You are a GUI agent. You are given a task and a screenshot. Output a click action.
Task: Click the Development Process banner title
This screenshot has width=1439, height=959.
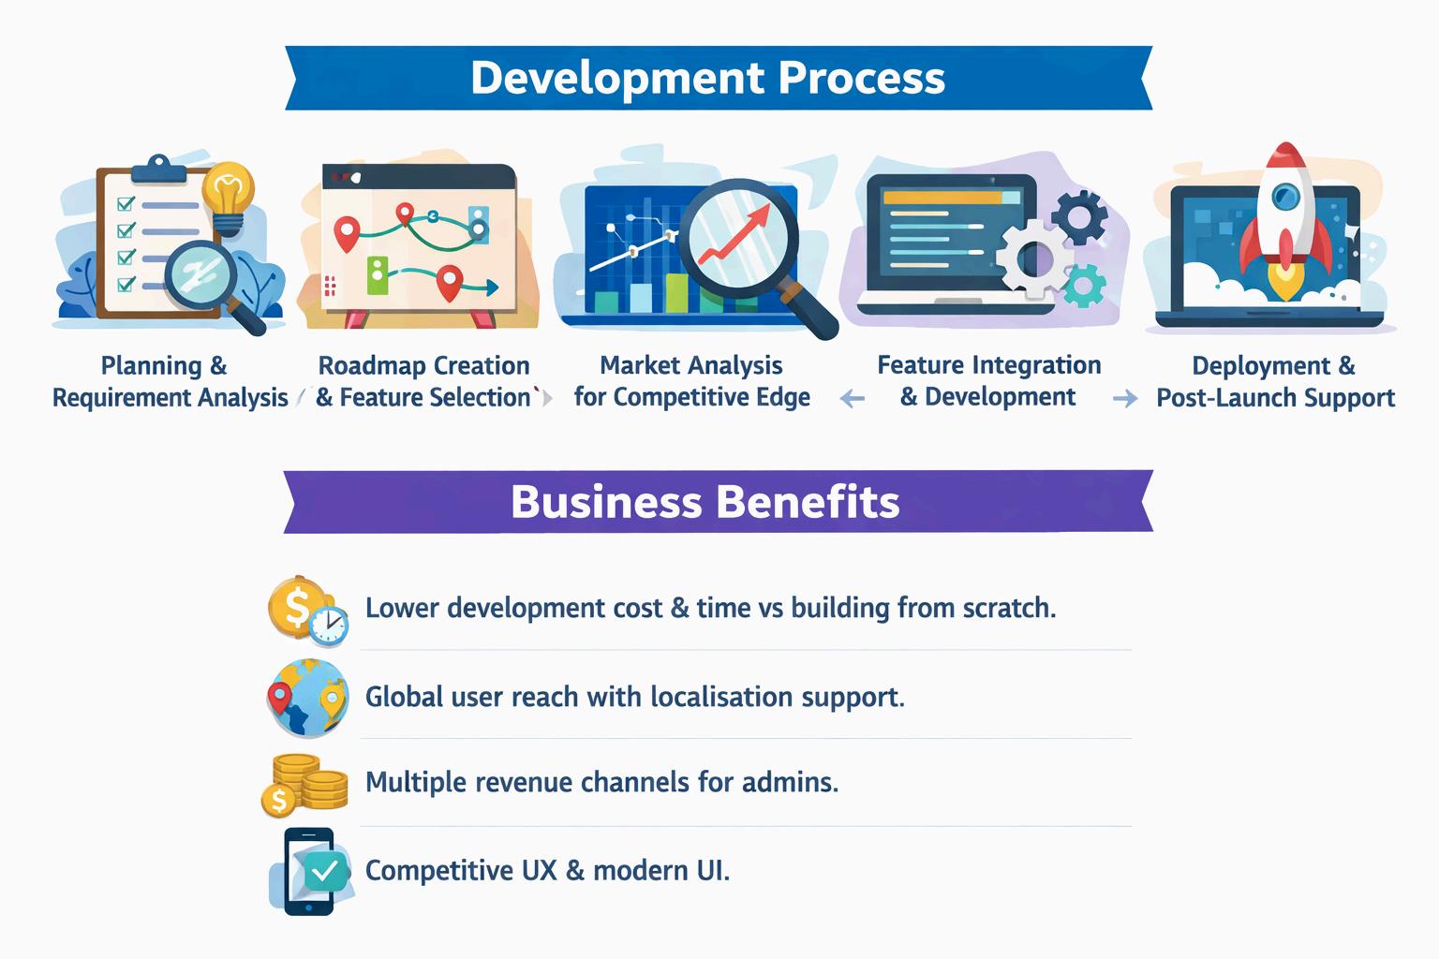(x=707, y=78)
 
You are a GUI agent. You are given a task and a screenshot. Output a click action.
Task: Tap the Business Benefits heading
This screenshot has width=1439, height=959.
(x=705, y=502)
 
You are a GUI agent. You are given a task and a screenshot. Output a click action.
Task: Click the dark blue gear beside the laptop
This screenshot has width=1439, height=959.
(x=1080, y=217)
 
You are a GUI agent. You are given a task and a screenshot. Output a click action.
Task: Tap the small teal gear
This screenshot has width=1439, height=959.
(x=1084, y=285)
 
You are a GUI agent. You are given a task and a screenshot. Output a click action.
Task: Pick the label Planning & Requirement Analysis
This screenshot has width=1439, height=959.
(x=169, y=381)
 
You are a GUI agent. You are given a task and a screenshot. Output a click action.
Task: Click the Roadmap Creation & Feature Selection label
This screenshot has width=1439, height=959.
(x=423, y=381)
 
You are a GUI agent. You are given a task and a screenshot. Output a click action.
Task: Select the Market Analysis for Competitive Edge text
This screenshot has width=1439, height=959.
(x=691, y=381)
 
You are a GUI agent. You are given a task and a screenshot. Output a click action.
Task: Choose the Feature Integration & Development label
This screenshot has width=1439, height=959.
(x=988, y=380)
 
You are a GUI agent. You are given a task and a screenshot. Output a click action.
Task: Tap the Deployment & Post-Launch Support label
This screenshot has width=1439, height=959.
(x=1275, y=381)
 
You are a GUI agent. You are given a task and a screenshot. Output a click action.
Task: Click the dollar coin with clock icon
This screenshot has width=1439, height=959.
(x=306, y=611)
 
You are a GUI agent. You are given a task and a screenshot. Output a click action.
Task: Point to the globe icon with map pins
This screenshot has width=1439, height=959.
(x=306, y=698)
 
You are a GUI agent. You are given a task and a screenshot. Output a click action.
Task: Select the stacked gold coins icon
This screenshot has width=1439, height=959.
(x=304, y=785)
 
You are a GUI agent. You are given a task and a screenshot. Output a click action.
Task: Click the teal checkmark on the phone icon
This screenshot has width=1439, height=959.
(x=324, y=871)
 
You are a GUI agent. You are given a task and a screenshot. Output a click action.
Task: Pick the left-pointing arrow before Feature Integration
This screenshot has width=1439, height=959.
(x=852, y=400)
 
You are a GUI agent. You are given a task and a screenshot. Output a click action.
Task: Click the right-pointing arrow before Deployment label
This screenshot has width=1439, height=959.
(x=1124, y=400)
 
